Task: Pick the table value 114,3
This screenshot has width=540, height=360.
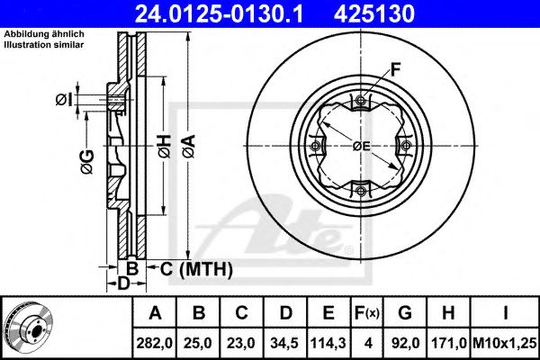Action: coord(328,343)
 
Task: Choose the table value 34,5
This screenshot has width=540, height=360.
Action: coord(285,343)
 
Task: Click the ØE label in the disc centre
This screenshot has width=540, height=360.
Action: coord(362,145)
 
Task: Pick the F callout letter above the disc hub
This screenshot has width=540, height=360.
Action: coord(395,67)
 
